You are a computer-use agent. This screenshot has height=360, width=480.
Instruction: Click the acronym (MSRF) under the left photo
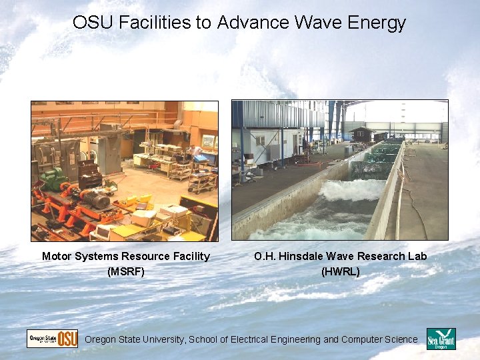125,271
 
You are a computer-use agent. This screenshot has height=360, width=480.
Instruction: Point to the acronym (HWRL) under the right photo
340,271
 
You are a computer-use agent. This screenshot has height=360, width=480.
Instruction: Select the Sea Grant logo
441,339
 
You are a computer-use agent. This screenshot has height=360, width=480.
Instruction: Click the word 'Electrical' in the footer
253,339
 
